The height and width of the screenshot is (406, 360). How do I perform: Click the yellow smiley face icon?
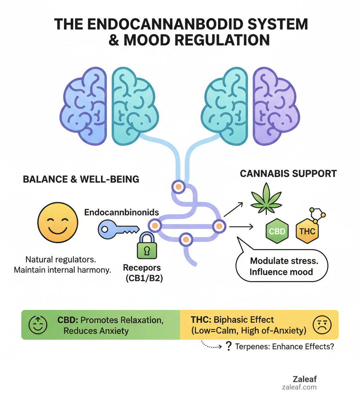(57, 224)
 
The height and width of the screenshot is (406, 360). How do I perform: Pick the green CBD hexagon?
(277, 231)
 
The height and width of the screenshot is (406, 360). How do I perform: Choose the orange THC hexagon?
(307, 231)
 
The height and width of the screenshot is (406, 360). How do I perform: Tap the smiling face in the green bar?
(37, 324)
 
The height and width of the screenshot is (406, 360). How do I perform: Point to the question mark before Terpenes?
(229, 347)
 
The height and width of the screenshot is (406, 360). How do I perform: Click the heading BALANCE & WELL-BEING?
(81, 179)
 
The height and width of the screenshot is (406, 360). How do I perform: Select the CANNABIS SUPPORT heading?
(288, 173)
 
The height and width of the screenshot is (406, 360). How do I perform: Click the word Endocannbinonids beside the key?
(121, 212)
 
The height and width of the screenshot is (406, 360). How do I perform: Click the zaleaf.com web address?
(299, 387)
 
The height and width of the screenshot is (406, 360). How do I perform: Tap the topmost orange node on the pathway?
(178, 187)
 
